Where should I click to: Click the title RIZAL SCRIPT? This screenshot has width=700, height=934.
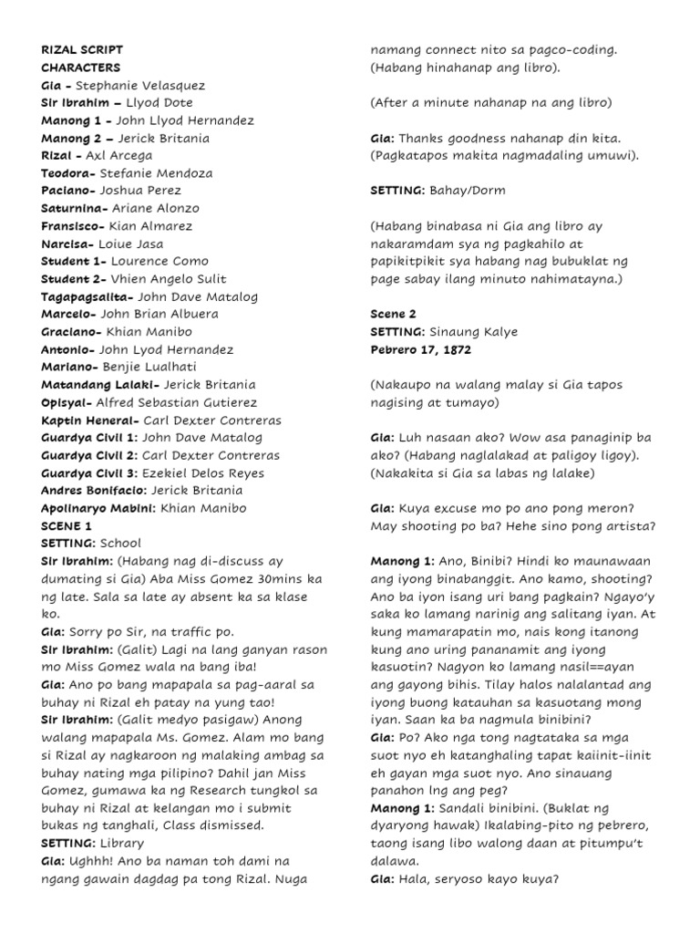coord(82,50)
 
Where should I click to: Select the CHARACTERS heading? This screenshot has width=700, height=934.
coord(80,67)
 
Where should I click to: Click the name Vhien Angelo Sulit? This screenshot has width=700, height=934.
coord(169,279)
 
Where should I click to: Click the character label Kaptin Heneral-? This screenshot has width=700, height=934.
coord(89,420)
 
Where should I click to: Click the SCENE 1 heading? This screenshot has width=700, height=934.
coord(67,526)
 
